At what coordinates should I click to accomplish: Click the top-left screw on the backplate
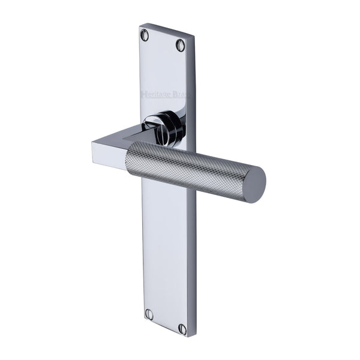(x=145, y=35)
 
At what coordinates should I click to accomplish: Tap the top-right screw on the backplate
(x=180, y=44)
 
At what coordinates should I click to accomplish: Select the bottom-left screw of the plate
(x=149, y=314)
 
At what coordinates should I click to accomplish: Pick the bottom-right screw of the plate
(x=182, y=328)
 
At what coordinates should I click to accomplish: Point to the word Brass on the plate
(x=182, y=96)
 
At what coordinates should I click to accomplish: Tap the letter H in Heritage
(x=143, y=93)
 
